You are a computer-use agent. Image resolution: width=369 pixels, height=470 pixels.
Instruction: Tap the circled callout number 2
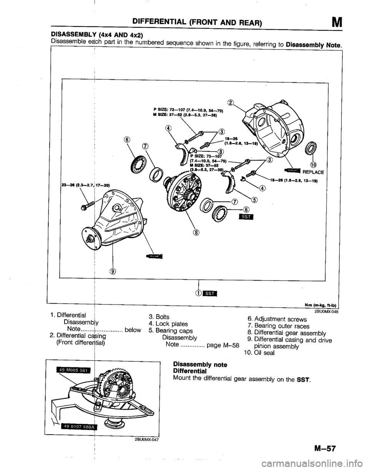(231, 102)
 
